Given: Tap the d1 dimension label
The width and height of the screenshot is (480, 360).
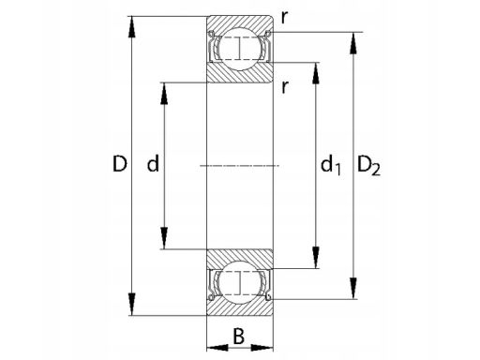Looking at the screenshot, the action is (331, 165).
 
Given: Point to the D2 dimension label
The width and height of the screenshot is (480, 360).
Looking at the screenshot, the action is (368, 165).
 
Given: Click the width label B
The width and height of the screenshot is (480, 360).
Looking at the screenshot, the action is (239, 337).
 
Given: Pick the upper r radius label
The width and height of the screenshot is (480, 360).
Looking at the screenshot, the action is (284, 19).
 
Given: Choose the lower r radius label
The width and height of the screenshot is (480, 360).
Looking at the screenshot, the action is (284, 88).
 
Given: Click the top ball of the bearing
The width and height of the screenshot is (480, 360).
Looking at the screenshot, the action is (240, 49).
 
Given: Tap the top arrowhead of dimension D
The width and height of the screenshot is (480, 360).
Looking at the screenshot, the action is (132, 27).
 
